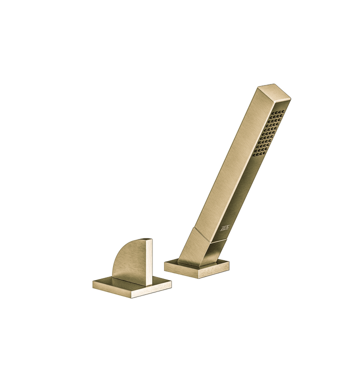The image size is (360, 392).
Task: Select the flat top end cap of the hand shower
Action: tap(274, 91)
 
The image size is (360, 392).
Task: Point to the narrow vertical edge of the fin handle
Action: tap(149, 262)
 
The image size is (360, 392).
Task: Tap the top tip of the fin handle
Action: tap(147, 239)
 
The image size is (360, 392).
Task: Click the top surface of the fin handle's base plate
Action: tap(120, 282)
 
